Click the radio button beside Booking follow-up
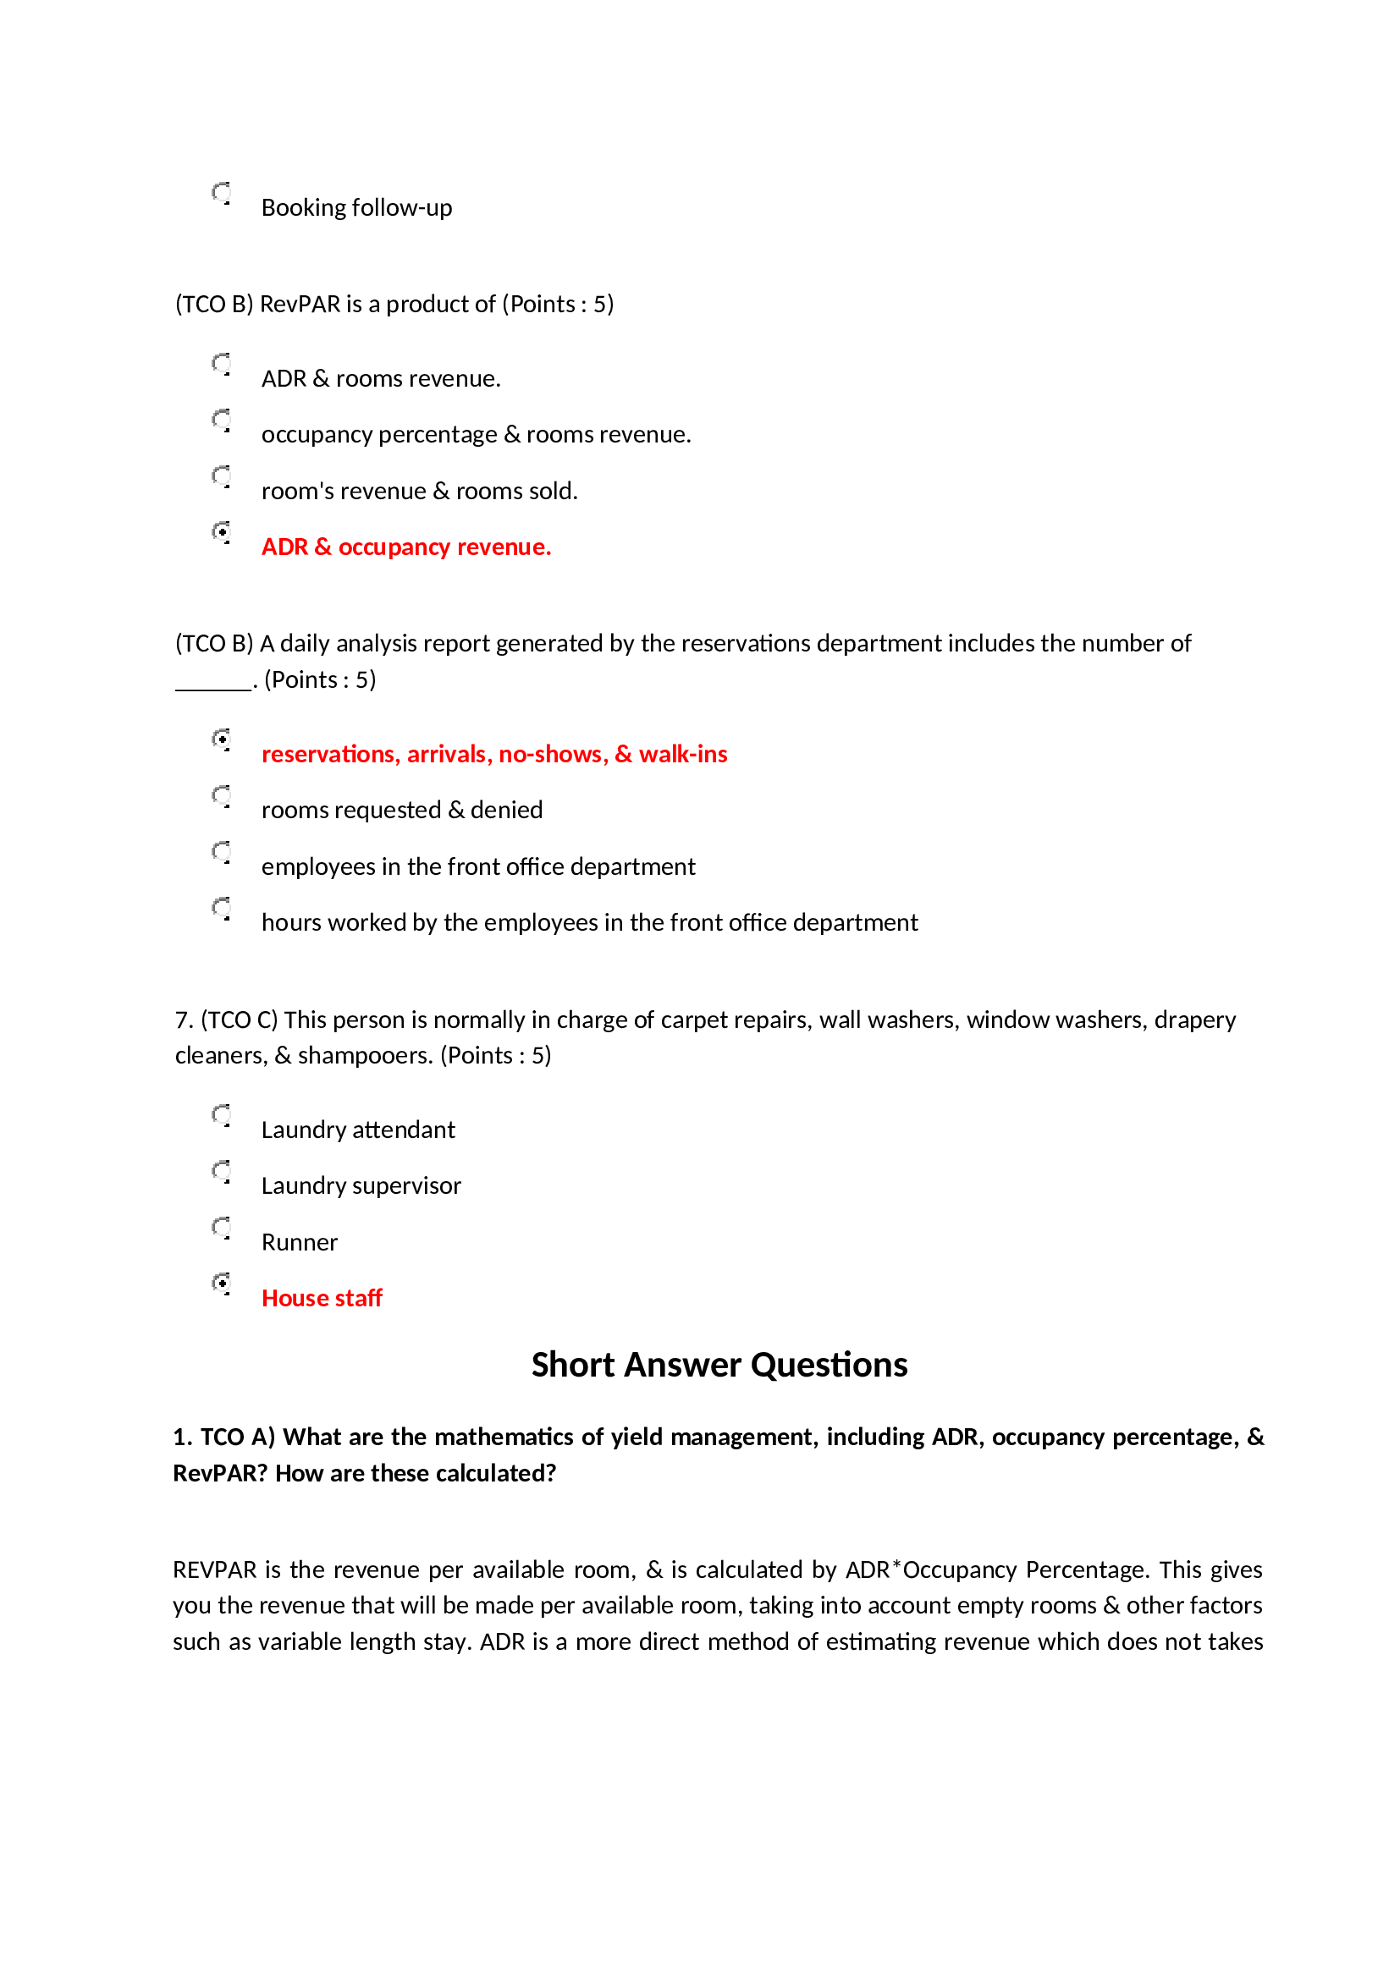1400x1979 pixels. pyautogui.click(x=222, y=193)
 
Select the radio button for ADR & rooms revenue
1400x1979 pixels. pyautogui.click(x=222, y=364)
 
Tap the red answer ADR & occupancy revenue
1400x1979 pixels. pyautogui.click(x=405, y=547)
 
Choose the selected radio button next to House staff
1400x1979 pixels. pyautogui.click(x=222, y=1284)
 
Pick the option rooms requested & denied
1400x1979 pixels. pyautogui.click(x=402, y=811)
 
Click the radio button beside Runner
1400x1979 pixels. pyautogui.click(x=222, y=1228)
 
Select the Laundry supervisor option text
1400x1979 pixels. pyautogui.click(x=361, y=1186)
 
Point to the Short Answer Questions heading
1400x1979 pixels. pyautogui.click(x=719, y=1366)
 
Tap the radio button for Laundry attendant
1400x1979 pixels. pyautogui.click(x=222, y=1115)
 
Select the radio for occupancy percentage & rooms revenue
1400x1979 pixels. pyautogui.click(x=222, y=420)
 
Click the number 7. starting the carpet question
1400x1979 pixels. pyautogui.click(x=183, y=1020)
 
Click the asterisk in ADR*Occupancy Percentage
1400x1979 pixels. pyautogui.click(x=896, y=1564)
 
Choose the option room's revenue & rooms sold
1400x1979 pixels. pyautogui.click(x=419, y=492)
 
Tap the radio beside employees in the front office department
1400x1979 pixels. pyautogui.click(x=222, y=852)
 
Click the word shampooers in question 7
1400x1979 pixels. pyautogui.click(x=364, y=1056)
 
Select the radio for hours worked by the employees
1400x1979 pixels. pyautogui.click(x=222, y=908)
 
